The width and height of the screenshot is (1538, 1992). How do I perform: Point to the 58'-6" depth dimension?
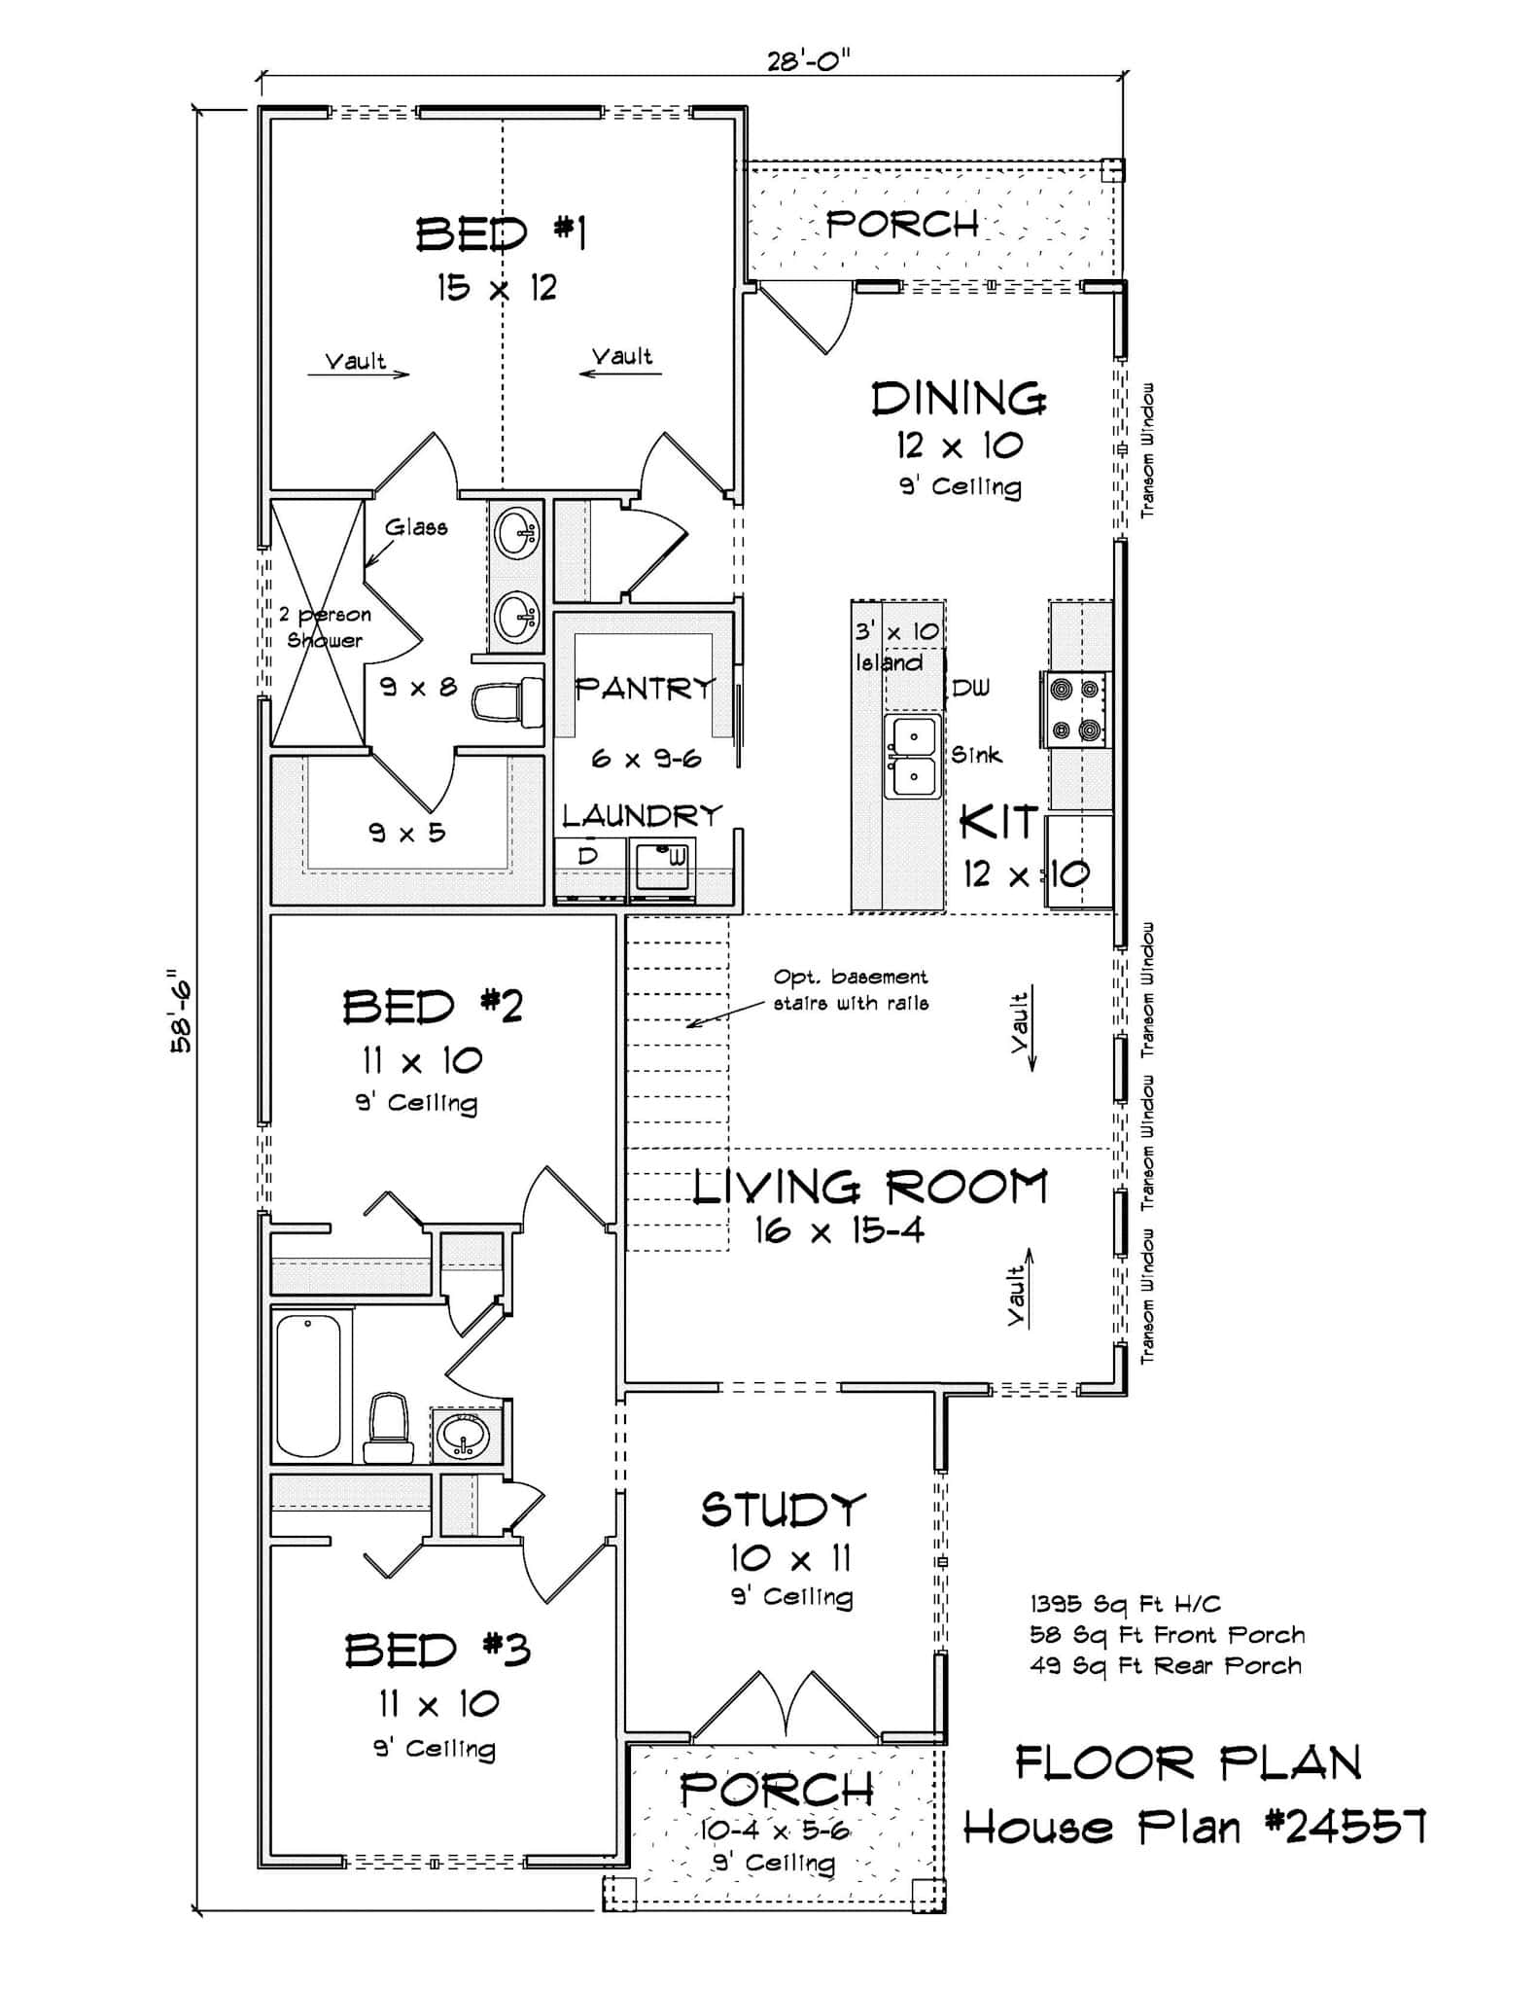182,1011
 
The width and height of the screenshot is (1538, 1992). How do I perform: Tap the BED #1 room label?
501,234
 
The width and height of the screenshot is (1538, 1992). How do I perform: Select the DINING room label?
958,400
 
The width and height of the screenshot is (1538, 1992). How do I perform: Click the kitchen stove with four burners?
1076,709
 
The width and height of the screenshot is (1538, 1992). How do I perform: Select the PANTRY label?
645,689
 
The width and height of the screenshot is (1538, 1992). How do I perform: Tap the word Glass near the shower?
416,528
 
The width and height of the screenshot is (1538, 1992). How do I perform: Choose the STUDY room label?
783,1510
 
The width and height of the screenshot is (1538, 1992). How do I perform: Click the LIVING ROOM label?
870,1188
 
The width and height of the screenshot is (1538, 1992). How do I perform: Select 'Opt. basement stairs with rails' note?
850,989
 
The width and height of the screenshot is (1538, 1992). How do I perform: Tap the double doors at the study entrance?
785,1709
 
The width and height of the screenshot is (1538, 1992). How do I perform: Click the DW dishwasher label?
970,689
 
